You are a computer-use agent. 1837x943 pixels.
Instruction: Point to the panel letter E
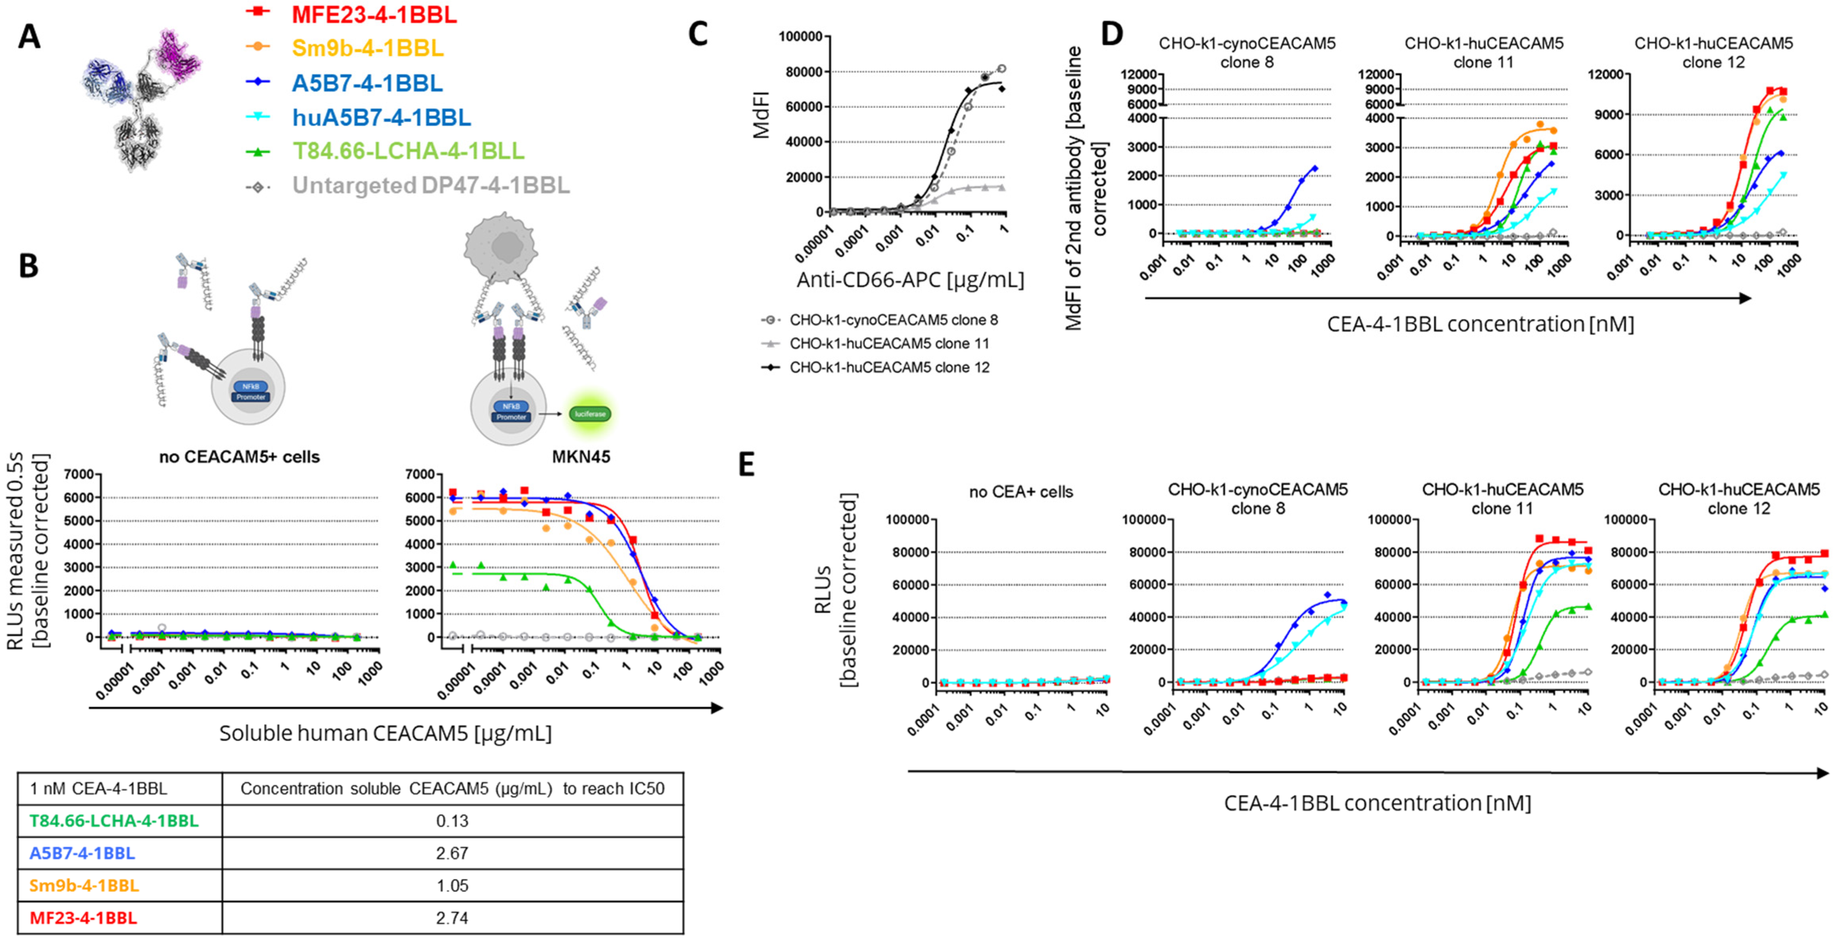(x=746, y=465)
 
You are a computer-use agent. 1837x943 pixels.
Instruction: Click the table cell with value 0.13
(x=452, y=821)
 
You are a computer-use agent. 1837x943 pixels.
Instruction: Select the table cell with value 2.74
(x=452, y=918)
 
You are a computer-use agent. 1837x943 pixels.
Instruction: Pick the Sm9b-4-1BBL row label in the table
(x=84, y=886)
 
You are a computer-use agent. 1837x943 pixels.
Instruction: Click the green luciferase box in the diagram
(x=590, y=414)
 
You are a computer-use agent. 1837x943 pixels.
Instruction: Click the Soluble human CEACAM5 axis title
(x=385, y=733)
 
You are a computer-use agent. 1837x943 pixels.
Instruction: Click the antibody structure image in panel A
(x=143, y=100)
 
